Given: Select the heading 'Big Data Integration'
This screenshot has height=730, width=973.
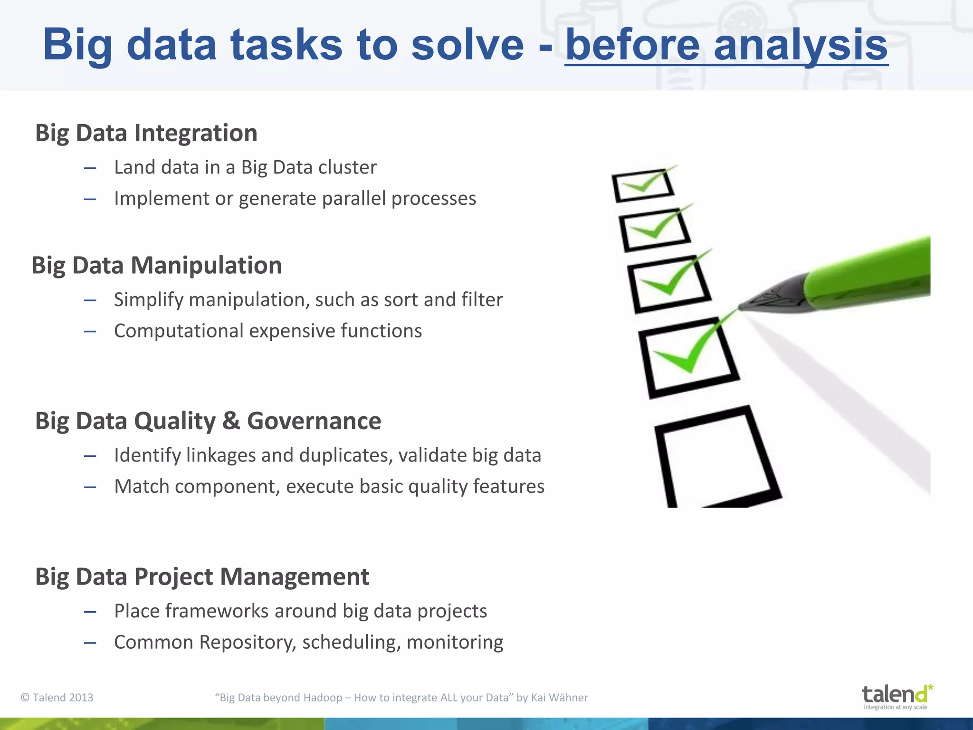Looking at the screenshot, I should (x=146, y=133).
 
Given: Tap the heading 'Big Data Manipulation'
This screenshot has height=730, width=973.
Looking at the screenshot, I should (x=157, y=265).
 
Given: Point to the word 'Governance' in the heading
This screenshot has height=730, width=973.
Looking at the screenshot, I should (x=314, y=421).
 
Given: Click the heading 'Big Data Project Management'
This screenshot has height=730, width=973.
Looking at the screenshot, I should (x=202, y=577).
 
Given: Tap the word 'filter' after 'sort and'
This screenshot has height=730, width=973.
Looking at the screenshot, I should (x=482, y=300).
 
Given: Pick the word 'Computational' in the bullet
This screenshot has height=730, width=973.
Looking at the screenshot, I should (x=179, y=331).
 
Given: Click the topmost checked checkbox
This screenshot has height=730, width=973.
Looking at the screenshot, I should (x=643, y=185).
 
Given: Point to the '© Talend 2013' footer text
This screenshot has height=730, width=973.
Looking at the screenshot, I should (x=57, y=697).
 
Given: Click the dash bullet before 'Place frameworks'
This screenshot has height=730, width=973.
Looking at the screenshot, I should (x=90, y=612).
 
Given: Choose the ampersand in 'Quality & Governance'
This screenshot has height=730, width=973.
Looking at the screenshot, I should (x=231, y=421).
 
